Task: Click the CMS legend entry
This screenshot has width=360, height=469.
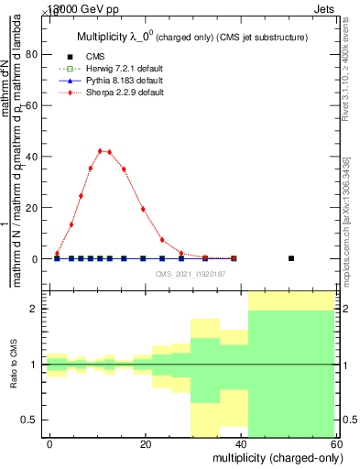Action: tap(95, 57)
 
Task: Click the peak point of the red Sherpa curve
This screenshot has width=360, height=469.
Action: tap(100, 150)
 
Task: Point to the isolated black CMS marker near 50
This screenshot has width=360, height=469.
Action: tap(291, 258)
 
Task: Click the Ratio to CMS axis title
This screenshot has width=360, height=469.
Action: tap(14, 365)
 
